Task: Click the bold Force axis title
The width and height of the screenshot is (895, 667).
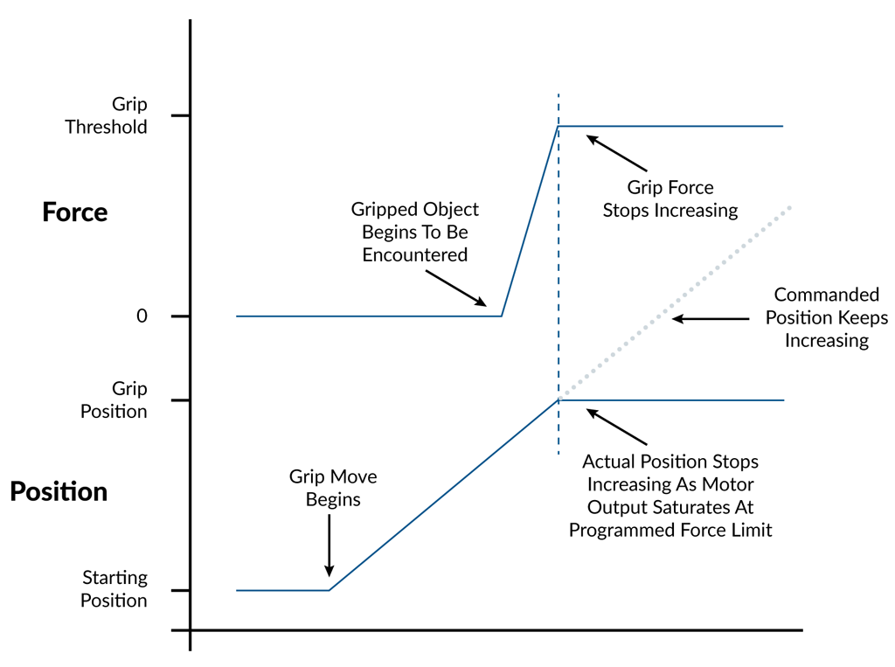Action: click(x=74, y=212)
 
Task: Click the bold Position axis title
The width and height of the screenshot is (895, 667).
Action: click(x=59, y=491)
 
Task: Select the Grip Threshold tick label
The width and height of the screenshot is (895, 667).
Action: click(x=106, y=115)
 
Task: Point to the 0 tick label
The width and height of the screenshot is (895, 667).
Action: click(x=142, y=316)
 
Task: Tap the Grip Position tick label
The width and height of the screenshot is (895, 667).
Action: click(x=114, y=400)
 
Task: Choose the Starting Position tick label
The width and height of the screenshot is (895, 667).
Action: click(x=114, y=588)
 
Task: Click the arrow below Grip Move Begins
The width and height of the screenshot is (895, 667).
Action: click(x=330, y=544)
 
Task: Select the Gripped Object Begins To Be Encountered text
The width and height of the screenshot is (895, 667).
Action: click(x=414, y=233)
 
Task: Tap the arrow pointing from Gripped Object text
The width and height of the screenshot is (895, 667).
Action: click(x=456, y=288)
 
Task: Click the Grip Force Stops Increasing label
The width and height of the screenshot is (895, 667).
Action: click(x=670, y=198)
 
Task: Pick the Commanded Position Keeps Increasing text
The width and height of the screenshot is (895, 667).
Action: click(x=826, y=317)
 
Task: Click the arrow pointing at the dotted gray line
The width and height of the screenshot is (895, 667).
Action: click(x=710, y=319)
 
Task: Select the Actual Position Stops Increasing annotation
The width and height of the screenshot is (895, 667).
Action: click(x=670, y=495)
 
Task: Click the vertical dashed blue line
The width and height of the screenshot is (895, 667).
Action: click(x=559, y=262)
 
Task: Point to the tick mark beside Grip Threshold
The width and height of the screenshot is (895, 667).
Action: click(x=181, y=115)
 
